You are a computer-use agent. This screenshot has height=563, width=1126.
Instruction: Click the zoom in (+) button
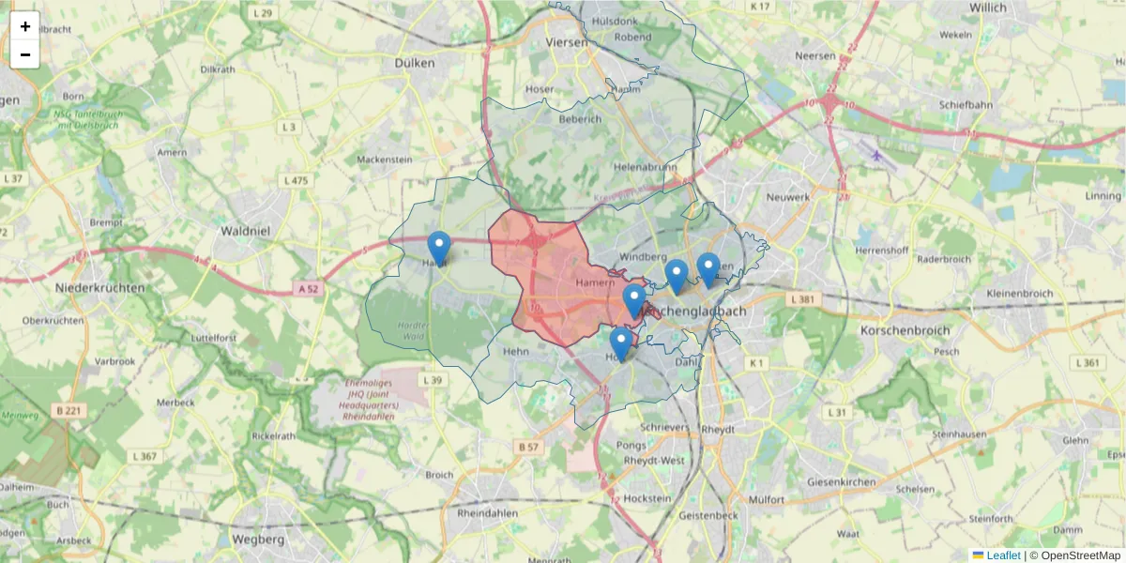25,26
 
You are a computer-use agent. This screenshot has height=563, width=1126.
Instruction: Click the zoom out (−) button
25,54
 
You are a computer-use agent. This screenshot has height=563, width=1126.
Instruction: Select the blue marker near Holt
620,343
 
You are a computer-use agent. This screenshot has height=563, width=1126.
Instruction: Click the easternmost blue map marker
708,269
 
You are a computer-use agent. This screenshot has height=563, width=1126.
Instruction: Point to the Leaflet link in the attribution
1003,555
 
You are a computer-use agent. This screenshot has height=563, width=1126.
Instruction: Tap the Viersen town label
567,42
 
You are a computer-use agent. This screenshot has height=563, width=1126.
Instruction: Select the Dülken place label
416,63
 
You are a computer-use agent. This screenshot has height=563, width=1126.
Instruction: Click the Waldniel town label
245,230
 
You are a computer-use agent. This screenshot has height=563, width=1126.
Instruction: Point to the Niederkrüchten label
99,288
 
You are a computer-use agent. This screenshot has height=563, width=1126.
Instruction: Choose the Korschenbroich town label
905,330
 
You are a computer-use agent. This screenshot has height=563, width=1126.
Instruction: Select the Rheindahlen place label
488,514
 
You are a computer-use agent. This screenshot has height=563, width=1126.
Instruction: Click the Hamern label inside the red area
594,282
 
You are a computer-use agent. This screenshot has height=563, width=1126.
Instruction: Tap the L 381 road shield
806,299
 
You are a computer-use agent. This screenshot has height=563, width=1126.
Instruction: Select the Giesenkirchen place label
841,482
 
